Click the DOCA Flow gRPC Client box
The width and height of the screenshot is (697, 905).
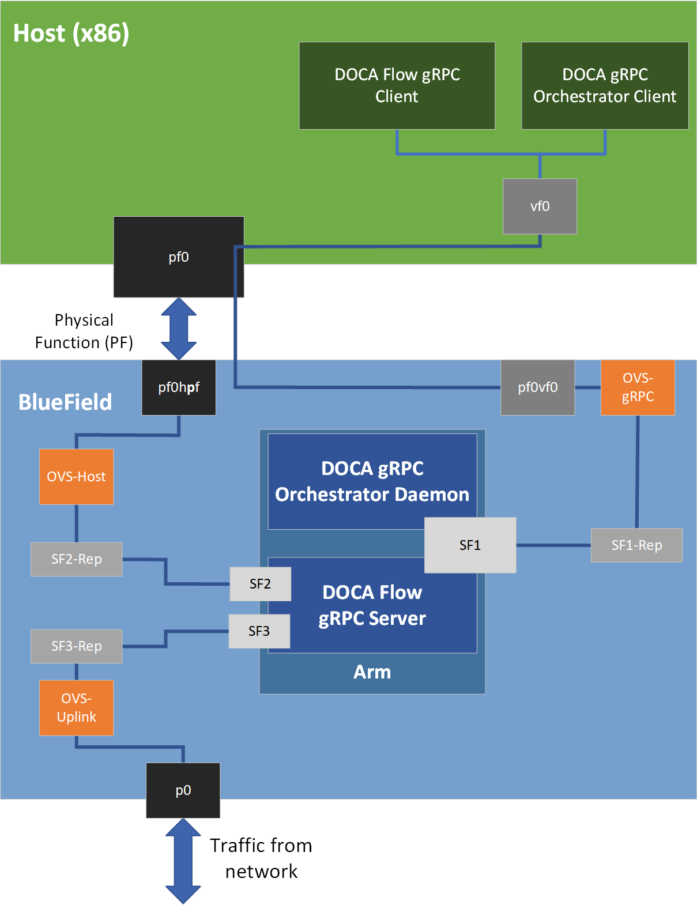pos(397,85)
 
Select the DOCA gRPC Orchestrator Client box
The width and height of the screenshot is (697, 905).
pos(605,85)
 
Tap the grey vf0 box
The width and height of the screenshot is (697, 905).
pos(540,206)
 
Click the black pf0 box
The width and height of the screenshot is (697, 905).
pos(179,257)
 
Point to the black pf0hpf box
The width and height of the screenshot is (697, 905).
pos(179,387)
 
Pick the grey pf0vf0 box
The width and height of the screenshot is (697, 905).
pos(537,387)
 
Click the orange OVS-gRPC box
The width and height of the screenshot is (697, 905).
pos(638,387)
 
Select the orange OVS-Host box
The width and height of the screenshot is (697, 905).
pos(76,477)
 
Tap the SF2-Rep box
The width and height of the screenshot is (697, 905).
pos(76,559)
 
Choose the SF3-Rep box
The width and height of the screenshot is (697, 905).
pos(76,646)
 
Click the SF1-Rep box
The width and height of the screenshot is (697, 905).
pos(636,545)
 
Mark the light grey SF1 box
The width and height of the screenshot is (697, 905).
pos(470,545)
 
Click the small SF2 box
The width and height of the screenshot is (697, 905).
pos(260,584)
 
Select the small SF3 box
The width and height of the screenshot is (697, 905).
pos(259,631)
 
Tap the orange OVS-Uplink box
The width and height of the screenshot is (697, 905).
pos(76,708)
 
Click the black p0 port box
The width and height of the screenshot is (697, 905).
pos(183,790)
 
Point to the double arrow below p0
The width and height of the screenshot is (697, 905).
pos(183,861)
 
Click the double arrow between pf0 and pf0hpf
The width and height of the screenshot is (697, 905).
pos(179,329)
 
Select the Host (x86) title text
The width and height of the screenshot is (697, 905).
pos(71,33)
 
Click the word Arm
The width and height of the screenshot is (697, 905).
pos(372,672)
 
